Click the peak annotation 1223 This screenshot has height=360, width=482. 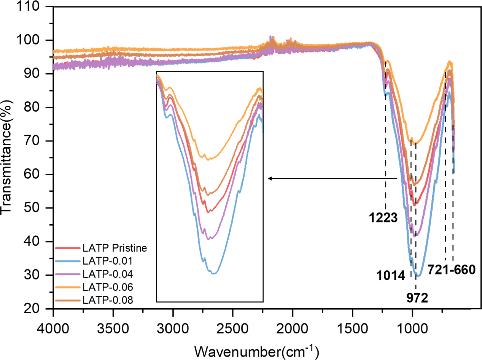(383, 218)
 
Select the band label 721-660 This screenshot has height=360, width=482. (451, 270)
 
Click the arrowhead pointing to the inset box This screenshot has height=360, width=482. (269, 178)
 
